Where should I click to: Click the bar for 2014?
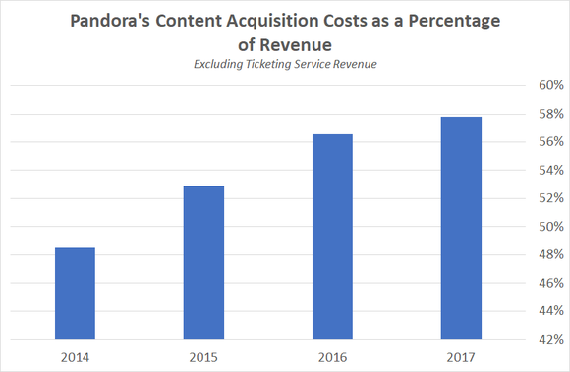point(75,292)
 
